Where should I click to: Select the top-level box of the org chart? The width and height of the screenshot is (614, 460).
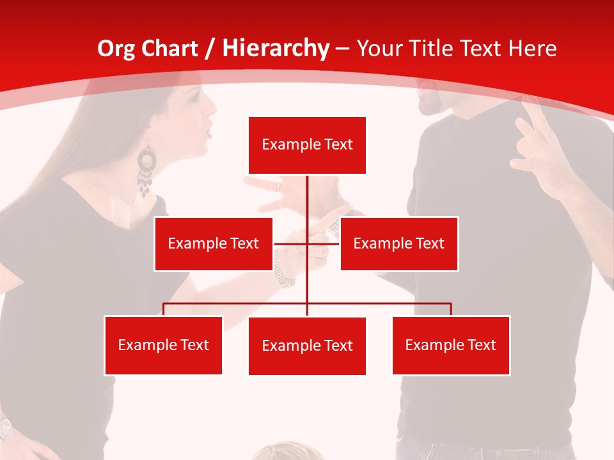click(x=307, y=145)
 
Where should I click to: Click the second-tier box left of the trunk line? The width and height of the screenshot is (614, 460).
click(x=213, y=243)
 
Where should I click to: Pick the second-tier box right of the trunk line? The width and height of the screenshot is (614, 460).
click(x=398, y=243)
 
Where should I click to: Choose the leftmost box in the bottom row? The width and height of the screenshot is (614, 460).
click(x=163, y=345)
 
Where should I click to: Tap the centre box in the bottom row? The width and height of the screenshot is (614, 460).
click(x=307, y=346)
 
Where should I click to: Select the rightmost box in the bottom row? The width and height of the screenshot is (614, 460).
click(x=451, y=345)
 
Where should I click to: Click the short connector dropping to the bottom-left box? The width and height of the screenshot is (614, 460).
click(x=164, y=309)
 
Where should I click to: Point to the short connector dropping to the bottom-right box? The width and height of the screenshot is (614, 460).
click(x=451, y=309)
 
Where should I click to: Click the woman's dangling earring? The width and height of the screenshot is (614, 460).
click(x=146, y=171)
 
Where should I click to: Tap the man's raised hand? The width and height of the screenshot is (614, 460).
click(x=537, y=141)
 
